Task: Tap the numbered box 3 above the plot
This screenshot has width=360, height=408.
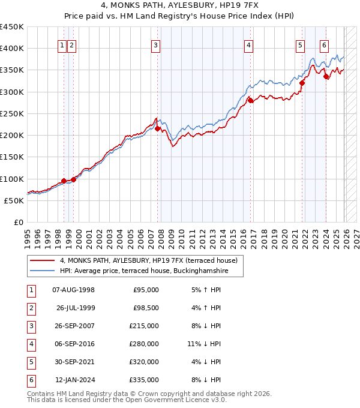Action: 155,44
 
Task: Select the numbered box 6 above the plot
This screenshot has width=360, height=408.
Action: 324,44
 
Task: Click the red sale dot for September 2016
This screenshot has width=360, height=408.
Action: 251,101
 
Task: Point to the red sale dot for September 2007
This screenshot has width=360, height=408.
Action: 158,128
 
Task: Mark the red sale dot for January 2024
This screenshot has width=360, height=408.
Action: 326,77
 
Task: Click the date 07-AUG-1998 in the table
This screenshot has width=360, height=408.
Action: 74,290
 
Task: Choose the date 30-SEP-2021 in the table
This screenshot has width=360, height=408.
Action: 74,362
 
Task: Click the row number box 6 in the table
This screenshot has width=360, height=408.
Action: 30,380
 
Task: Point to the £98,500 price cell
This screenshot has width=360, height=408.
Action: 146,308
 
